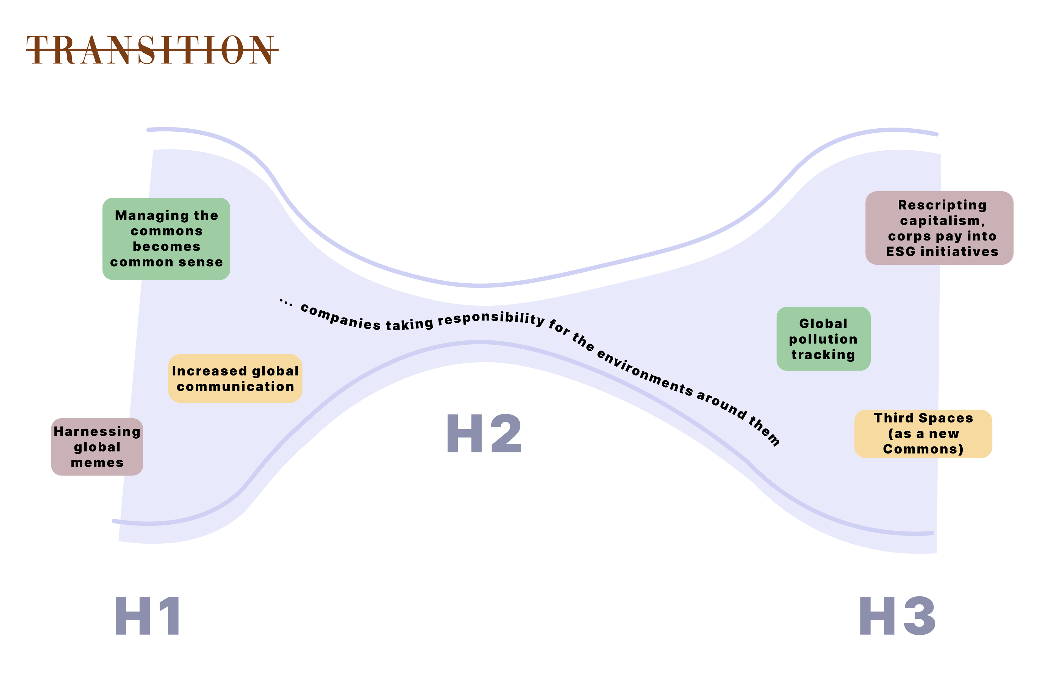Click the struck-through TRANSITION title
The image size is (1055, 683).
(152, 50)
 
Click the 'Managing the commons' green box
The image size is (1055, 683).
(166, 239)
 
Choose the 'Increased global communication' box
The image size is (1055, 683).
(235, 378)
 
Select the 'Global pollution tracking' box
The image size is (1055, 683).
(823, 339)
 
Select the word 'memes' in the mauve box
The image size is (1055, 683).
(97, 463)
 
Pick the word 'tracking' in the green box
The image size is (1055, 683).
(823, 355)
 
